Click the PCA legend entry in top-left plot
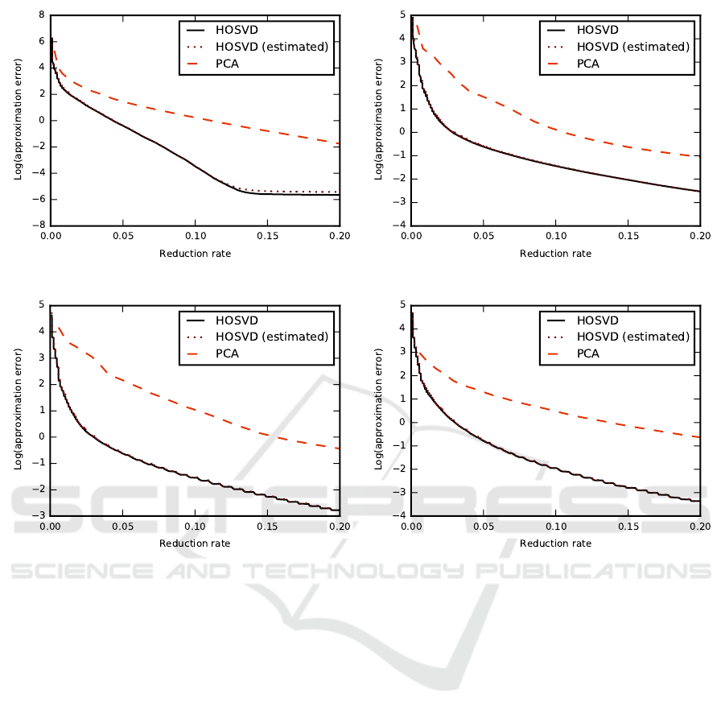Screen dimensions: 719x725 (x=249, y=64)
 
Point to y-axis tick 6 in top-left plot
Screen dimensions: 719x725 (x=41, y=40)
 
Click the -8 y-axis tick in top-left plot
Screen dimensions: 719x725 (x=38, y=225)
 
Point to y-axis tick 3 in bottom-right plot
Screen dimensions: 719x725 (x=402, y=352)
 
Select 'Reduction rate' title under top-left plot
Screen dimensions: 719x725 (x=195, y=254)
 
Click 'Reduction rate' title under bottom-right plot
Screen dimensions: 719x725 (x=555, y=543)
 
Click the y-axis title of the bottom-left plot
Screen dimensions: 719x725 (x=17, y=410)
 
